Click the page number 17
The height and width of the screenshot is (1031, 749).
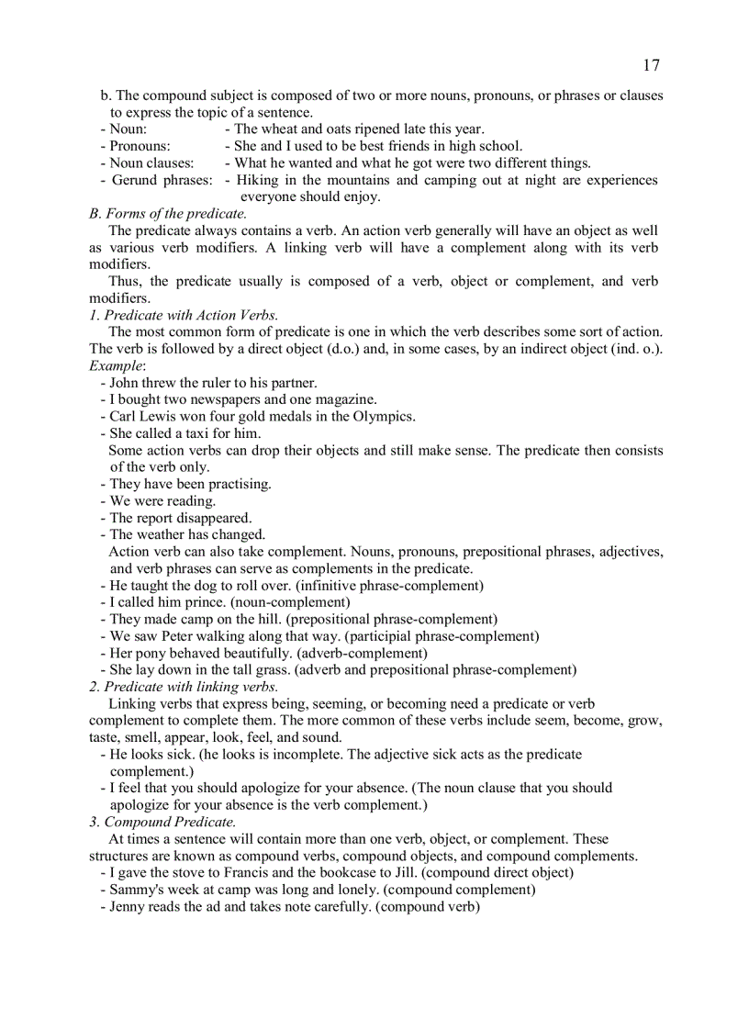(650, 65)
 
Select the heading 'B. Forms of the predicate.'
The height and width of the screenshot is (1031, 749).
(168, 214)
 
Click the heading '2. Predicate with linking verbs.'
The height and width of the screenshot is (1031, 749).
(184, 687)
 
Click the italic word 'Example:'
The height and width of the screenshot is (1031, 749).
(111, 365)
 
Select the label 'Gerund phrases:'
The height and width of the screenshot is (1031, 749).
(162, 180)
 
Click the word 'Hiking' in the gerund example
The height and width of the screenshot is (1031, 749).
(259, 180)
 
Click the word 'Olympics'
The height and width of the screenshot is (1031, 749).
(385, 416)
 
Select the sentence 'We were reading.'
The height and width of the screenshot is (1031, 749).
(162, 500)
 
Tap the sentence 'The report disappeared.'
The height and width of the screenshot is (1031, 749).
(180, 518)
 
